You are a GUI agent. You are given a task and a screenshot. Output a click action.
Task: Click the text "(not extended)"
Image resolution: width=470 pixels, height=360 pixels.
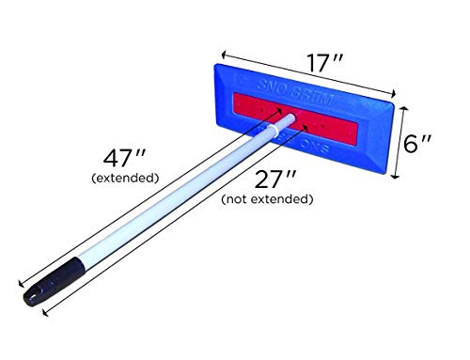pyautogui.click(x=266, y=198)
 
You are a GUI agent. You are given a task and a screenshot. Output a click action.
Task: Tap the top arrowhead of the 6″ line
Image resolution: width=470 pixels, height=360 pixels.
pyautogui.click(x=403, y=107)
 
